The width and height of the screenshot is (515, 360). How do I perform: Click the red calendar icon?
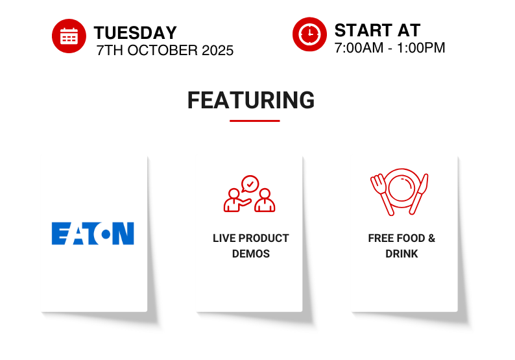click(69, 36)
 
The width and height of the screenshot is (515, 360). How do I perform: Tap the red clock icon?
click(309, 34)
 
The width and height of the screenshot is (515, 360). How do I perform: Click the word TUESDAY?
click(136, 33)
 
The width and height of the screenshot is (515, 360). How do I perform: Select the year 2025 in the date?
click(217, 51)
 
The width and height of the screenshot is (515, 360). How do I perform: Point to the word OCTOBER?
click(163, 51)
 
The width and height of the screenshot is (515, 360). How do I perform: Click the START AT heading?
click(377, 30)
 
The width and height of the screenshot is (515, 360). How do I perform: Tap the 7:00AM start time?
click(359, 48)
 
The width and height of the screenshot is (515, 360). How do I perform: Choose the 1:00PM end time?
click(421, 48)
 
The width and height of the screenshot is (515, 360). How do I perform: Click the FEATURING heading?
click(251, 100)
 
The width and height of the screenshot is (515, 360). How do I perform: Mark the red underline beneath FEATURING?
click(254, 121)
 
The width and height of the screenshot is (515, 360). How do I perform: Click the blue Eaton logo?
click(93, 234)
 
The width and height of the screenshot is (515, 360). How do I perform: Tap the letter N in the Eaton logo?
click(123, 234)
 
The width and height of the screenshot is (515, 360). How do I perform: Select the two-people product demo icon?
click(249, 194)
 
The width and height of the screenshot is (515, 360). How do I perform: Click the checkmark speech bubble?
click(250, 184)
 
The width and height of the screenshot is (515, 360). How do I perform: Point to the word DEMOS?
click(251, 254)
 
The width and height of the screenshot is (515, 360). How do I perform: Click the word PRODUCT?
click(264, 238)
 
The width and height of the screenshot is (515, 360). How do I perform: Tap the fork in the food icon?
click(381, 195)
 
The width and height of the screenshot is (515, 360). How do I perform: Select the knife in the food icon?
click(419, 194)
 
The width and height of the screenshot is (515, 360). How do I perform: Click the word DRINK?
click(401, 254)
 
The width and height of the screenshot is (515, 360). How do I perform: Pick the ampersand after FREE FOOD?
click(431, 238)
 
